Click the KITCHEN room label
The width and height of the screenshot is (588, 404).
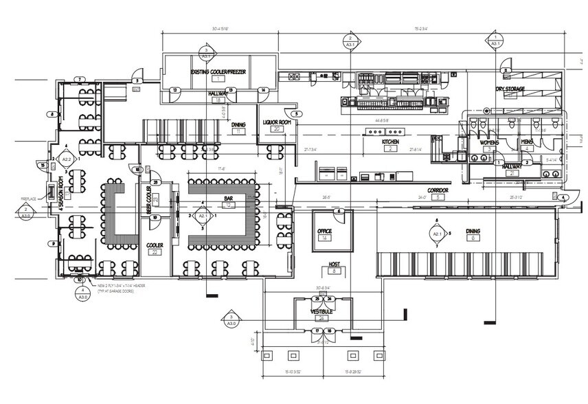coord(389,141)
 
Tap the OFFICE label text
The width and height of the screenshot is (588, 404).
coord(324,231)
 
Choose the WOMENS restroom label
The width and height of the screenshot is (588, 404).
coord(488,142)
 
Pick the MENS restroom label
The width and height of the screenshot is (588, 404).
coord(527,142)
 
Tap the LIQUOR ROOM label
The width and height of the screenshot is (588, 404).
coord(278,122)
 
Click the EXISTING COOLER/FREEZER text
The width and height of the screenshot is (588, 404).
coord(218,72)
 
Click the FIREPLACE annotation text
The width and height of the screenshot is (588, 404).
coord(28,199)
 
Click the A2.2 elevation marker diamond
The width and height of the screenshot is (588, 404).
coord(67,157)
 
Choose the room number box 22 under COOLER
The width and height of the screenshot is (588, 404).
coord(155,253)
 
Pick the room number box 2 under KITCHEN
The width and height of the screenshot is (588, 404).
coord(389,148)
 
